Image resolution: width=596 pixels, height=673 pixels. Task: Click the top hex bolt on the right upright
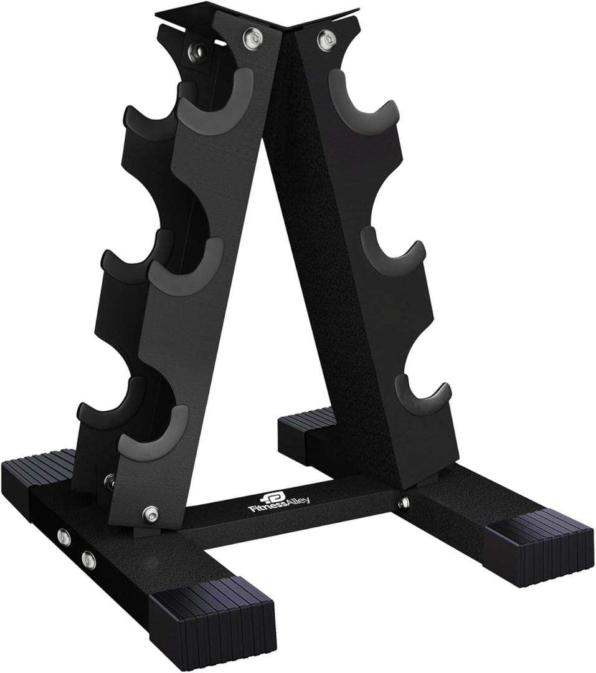[324, 39]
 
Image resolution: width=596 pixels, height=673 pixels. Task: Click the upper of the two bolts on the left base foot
[63, 536]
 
